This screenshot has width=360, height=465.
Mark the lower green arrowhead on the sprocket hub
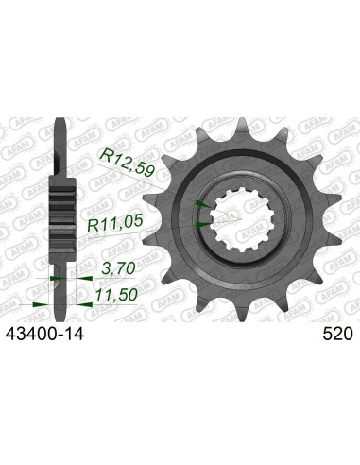[203, 224]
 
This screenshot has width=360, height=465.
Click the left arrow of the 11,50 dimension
[38, 303]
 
